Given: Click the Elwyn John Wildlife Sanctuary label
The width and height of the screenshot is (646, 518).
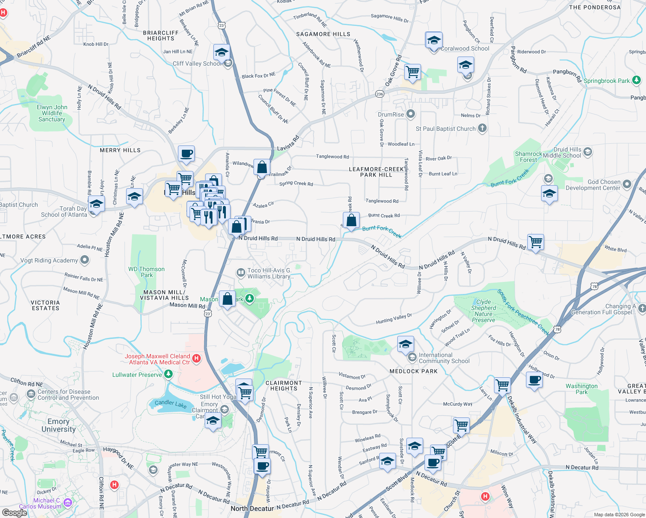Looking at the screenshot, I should click(x=52, y=113).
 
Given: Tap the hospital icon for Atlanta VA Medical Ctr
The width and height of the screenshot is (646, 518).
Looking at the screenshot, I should click(x=196, y=358).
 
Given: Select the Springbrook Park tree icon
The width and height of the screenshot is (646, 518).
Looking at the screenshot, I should click(x=636, y=80).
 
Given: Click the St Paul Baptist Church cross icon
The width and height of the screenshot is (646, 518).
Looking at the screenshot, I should click(x=482, y=128).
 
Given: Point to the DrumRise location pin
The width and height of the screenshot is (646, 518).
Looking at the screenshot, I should click(x=411, y=114).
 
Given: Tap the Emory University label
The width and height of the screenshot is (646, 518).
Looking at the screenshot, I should click(x=59, y=425).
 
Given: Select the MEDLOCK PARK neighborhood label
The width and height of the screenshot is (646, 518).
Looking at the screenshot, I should click(x=413, y=371).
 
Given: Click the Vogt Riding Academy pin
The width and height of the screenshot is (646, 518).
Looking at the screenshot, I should click(x=85, y=260).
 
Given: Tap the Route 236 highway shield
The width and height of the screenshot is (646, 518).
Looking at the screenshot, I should click(x=380, y=94).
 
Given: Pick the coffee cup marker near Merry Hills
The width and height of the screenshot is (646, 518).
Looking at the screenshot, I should click(x=186, y=154).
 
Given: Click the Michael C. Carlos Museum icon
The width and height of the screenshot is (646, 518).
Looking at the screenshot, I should click(x=67, y=502).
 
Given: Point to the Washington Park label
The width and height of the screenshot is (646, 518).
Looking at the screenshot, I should click(x=581, y=389).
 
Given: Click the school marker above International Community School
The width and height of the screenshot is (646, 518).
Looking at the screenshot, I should click(x=405, y=344).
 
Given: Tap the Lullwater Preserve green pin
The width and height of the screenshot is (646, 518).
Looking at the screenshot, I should click(x=168, y=374).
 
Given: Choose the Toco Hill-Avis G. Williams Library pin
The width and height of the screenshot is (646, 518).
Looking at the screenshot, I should click(x=240, y=272).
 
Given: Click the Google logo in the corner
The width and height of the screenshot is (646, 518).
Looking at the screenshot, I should click(x=14, y=512).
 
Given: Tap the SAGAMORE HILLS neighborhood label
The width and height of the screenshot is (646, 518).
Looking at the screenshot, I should click(x=323, y=34).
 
